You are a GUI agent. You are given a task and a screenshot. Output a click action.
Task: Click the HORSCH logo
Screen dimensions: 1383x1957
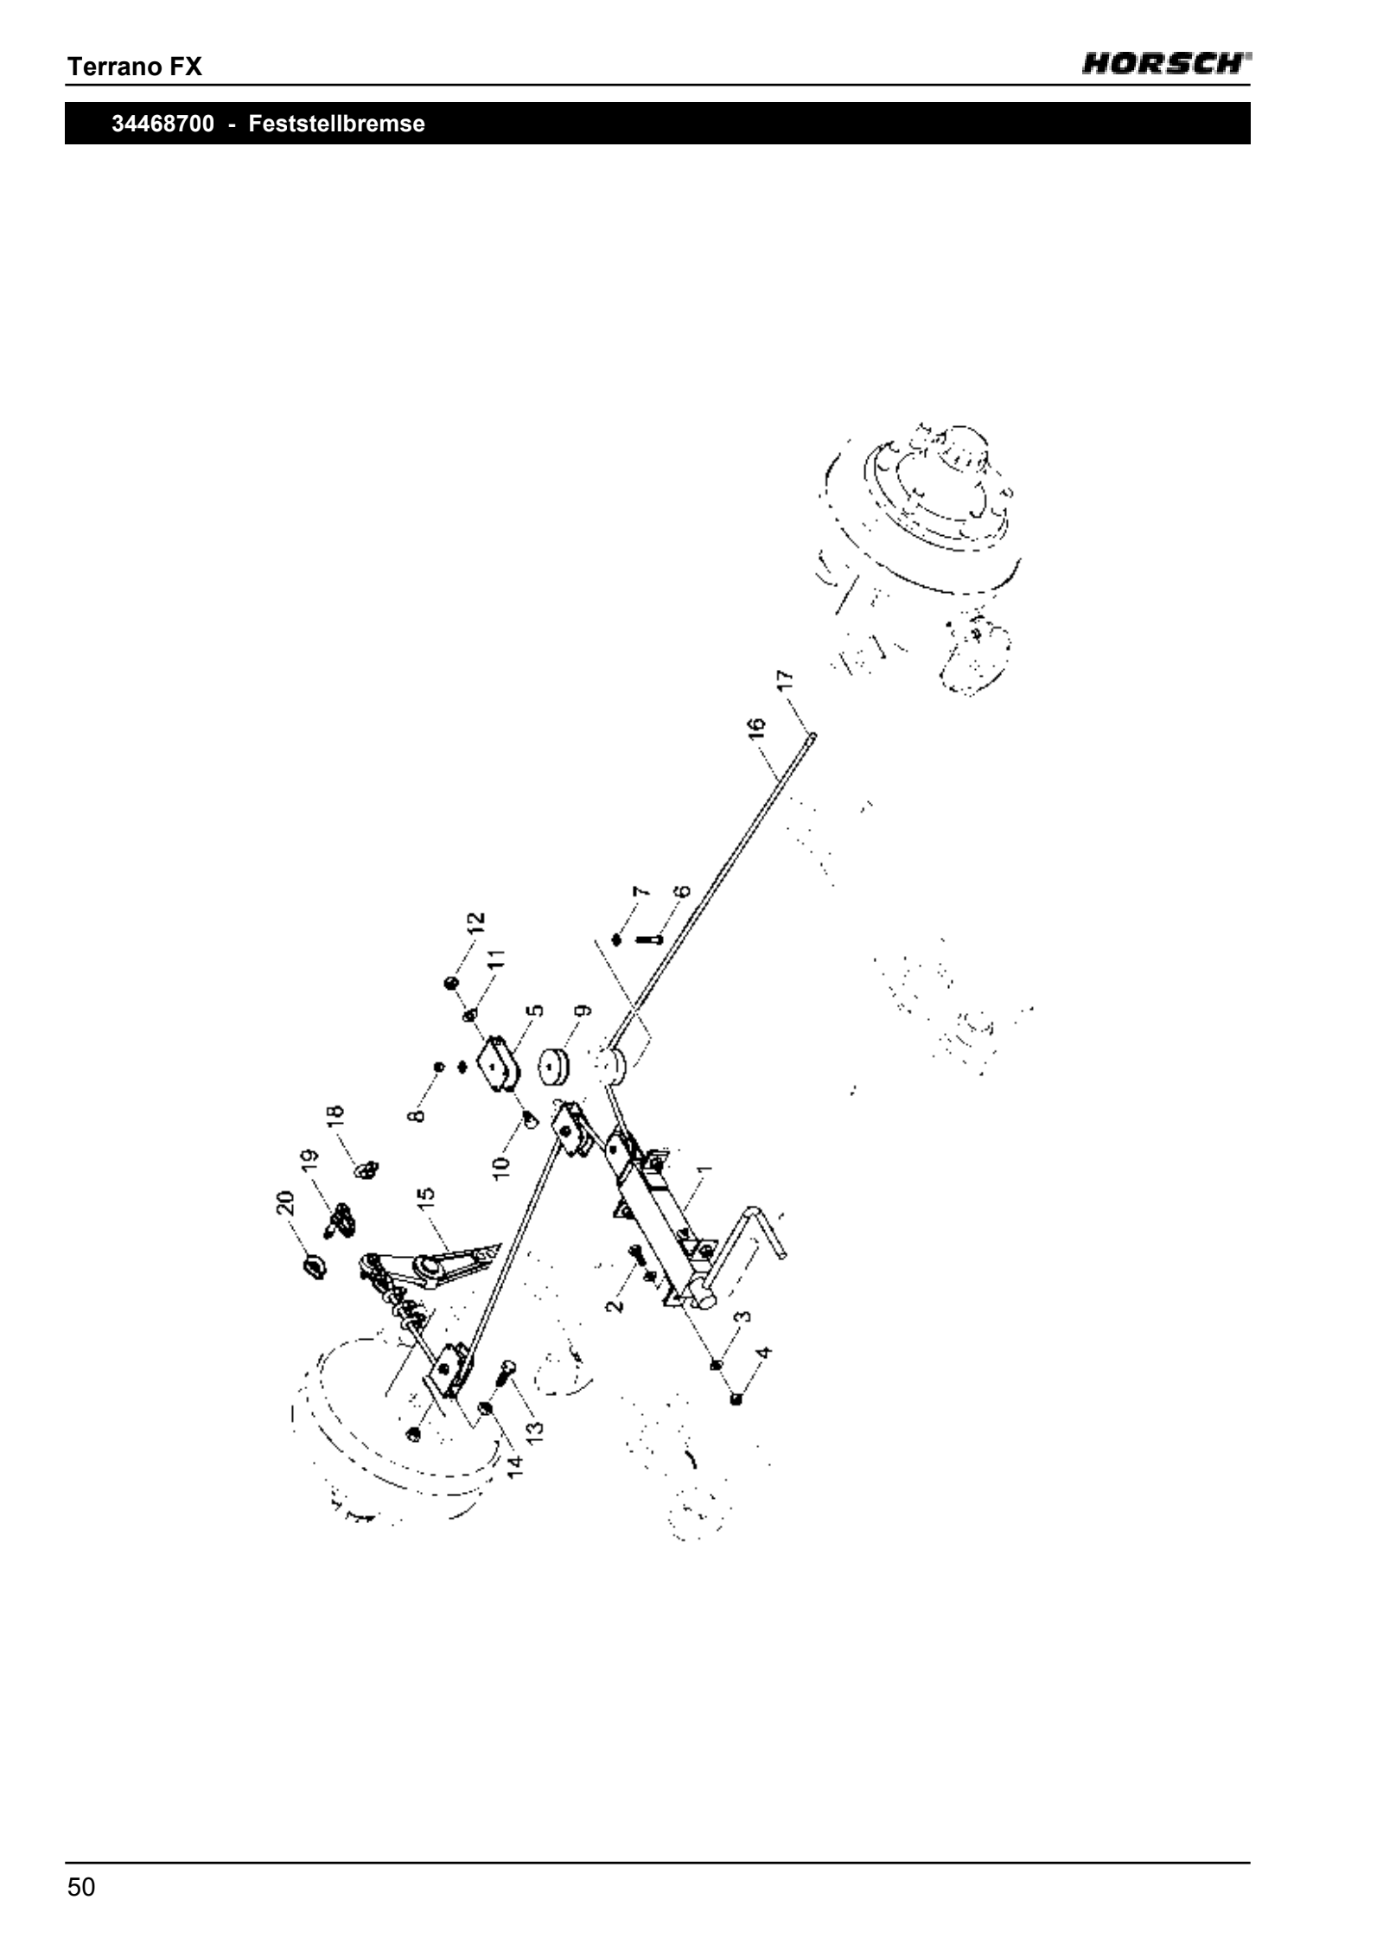point(1167,64)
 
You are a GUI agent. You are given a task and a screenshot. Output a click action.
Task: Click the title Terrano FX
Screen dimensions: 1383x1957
point(135,67)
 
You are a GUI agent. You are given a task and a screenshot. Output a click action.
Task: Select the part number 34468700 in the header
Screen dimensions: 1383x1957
point(163,124)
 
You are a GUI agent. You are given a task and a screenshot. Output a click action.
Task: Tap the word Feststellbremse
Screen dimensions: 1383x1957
point(337,124)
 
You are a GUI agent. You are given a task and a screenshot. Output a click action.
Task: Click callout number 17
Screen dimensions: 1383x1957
point(784,679)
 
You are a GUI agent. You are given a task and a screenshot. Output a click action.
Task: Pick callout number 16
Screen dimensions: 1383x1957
point(756,727)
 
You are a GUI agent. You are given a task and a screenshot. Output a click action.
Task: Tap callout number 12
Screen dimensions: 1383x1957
point(476,924)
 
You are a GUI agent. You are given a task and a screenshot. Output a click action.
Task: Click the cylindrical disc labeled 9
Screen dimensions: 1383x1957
point(554,1067)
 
